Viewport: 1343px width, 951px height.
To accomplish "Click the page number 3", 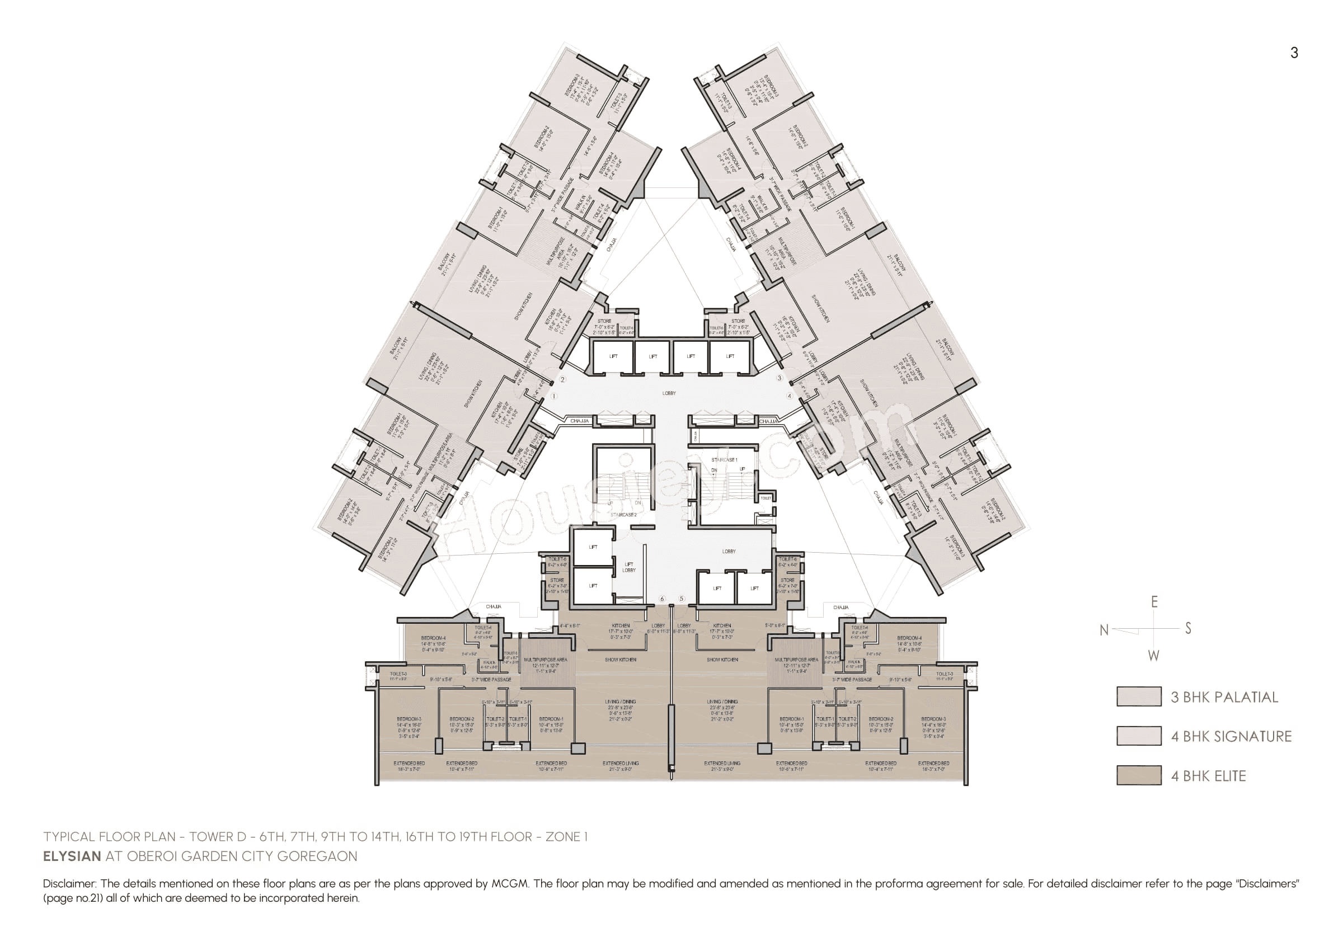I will [x=1294, y=53].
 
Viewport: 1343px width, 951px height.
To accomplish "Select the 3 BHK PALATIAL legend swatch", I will [x=1139, y=697].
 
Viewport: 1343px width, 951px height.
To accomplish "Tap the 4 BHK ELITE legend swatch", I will [x=1139, y=775].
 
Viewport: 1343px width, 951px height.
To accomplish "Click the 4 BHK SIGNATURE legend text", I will [x=1231, y=736].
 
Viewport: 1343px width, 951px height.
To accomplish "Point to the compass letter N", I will [x=1104, y=630].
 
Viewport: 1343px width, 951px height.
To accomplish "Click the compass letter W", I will [x=1153, y=656].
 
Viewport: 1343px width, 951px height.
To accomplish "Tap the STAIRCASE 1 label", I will [x=724, y=460].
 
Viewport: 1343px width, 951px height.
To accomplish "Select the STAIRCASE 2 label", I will [x=623, y=515].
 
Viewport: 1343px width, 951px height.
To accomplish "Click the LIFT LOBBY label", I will [x=628, y=567].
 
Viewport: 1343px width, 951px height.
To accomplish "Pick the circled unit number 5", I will [x=682, y=599].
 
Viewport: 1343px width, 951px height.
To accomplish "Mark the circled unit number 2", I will [x=562, y=379].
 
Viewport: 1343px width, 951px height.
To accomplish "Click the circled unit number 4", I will [x=789, y=396].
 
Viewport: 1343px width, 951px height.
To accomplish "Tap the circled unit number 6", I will [x=663, y=599].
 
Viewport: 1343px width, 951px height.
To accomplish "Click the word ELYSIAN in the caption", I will [x=72, y=856].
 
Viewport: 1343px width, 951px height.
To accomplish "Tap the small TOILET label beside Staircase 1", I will [x=766, y=498].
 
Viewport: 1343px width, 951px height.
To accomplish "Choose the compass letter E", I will [x=1154, y=602].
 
